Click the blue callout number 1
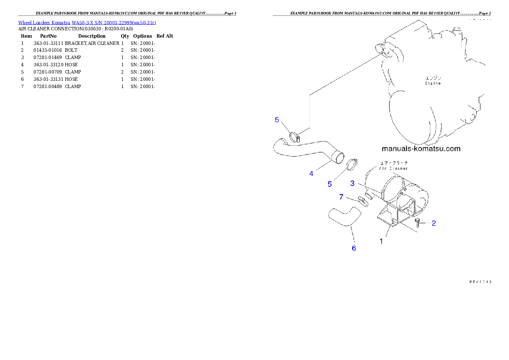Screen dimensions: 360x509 click(381, 241)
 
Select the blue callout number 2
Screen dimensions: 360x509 click(433, 223)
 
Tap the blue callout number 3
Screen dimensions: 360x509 click(352, 183)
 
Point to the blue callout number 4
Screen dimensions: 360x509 click(311, 174)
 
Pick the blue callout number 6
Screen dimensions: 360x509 click(354, 248)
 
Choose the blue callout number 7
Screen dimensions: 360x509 click(341, 197)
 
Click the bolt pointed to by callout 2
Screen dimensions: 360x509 click(418, 221)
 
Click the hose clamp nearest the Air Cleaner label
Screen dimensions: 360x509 click(352, 164)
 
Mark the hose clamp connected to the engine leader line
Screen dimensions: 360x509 click(295, 137)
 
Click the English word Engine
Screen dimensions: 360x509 click(432, 83)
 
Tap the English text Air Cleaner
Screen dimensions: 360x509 click(394, 168)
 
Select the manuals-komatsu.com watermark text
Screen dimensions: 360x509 click(421, 149)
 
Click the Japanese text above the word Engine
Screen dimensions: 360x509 click(433, 78)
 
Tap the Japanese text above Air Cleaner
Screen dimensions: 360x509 click(394, 163)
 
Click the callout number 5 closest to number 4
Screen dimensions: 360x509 click(330, 184)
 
